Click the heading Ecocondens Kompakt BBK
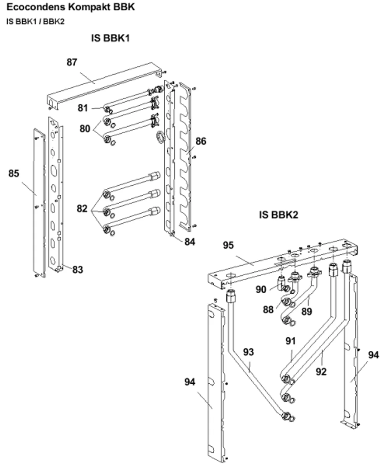[70, 7]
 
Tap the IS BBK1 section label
[110, 38]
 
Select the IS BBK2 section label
[278, 215]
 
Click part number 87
[72, 62]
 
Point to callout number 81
[83, 108]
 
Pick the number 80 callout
[85, 129]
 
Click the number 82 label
[82, 209]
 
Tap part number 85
[14, 173]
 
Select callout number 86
[201, 141]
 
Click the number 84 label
[190, 242]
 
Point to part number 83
[78, 270]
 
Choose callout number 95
[228, 245]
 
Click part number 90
[261, 289]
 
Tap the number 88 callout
[268, 310]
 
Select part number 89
[307, 312]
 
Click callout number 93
[249, 352]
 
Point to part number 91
[291, 341]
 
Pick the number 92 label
[321, 372]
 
